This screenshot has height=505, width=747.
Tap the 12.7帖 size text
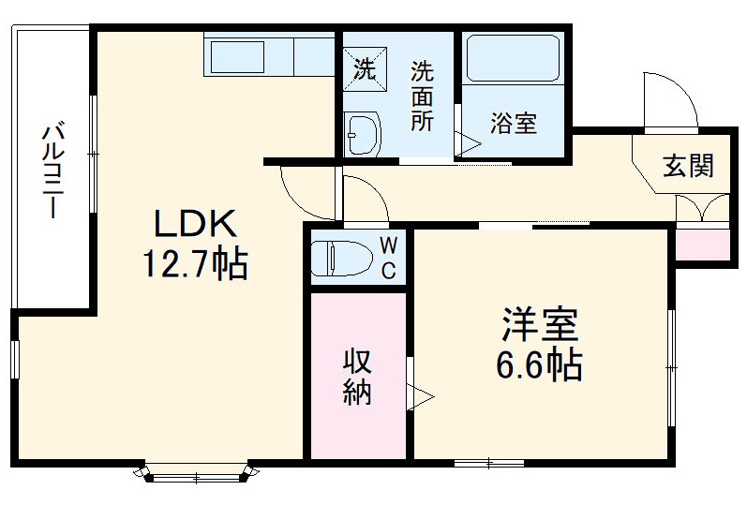tap(194, 265)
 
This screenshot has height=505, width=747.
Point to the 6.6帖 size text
tap(539, 364)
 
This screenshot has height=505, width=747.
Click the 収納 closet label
tap(357, 376)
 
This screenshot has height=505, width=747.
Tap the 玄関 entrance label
tap(689, 166)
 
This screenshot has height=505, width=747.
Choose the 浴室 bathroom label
tap(514, 123)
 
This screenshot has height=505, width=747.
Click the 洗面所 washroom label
tap(422, 96)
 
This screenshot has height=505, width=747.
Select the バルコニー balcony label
tap(51, 170)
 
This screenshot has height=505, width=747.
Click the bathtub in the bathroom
tap(512, 58)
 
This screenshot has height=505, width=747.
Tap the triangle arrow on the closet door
tap(421, 394)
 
